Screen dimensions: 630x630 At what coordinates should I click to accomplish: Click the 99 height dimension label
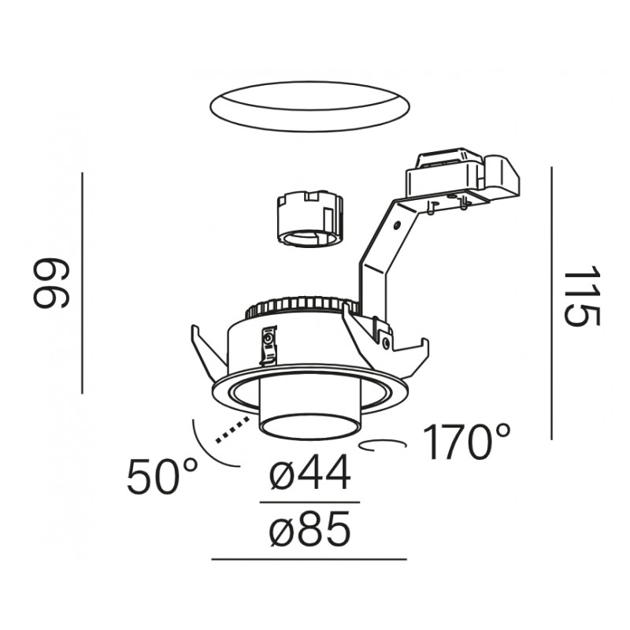coord(51,283)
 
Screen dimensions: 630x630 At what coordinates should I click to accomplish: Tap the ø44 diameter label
coord(309,472)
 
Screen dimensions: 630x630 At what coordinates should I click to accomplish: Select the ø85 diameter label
coord(309,528)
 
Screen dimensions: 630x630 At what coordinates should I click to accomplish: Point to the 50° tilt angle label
coord(162,476)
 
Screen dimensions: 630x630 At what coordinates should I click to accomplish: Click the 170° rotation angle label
coord(466,441)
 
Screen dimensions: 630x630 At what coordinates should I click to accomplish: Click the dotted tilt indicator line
coord(232,430)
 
